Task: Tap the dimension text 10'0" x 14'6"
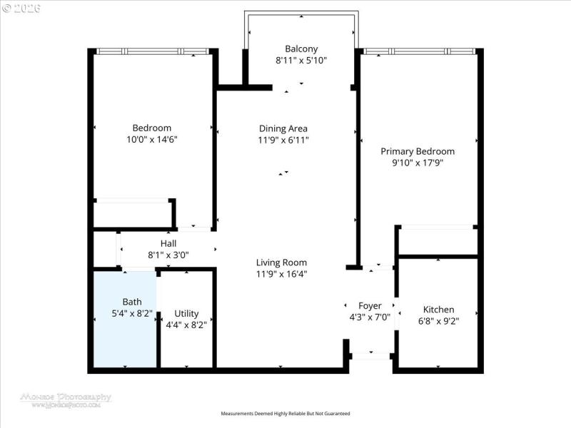[151, 140]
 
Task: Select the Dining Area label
[283, 128]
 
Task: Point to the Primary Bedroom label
[418, 151]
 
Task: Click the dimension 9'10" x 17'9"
[418, 163]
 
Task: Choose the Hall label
[168, 243]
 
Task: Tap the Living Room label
[282, 262]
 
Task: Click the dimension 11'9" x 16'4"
[282, 274]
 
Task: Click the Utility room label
[186, 313]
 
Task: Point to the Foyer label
[370, 305]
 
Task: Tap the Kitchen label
[438, 309]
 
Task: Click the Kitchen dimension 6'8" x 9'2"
[438, 321]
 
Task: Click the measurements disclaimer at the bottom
[285, 414]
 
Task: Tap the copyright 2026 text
[21, 8]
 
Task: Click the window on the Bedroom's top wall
[153, 51]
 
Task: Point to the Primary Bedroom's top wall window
[418, 51]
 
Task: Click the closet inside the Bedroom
[133, 213]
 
